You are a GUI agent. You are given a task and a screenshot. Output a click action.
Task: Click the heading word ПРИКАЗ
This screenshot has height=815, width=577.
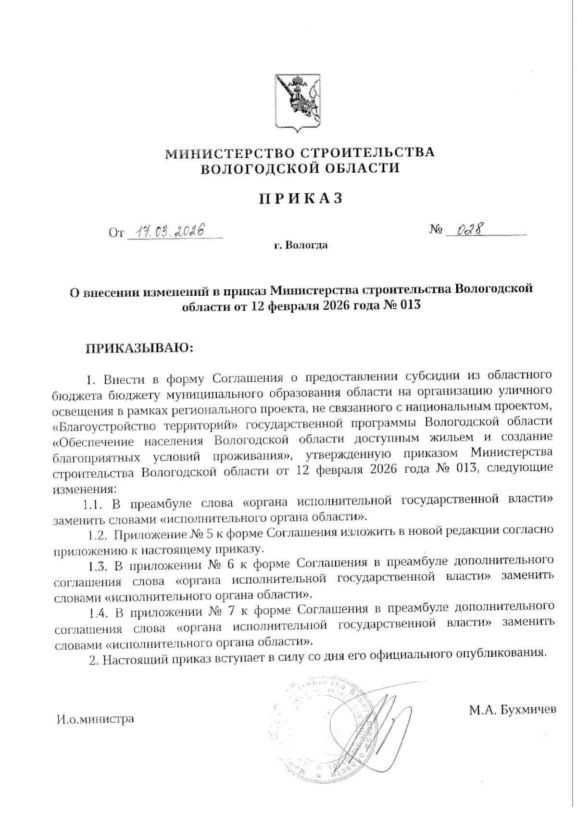(301, 198)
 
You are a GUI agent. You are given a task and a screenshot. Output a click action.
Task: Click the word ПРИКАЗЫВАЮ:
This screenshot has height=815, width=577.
(139, 348)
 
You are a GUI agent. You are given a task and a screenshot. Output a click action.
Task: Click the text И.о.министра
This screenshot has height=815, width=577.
(95, 719)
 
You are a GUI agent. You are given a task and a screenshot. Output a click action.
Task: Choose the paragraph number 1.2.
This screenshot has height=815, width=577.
(99, 534)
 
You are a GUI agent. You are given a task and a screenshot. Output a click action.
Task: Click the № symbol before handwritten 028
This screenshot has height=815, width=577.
(435, 230)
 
